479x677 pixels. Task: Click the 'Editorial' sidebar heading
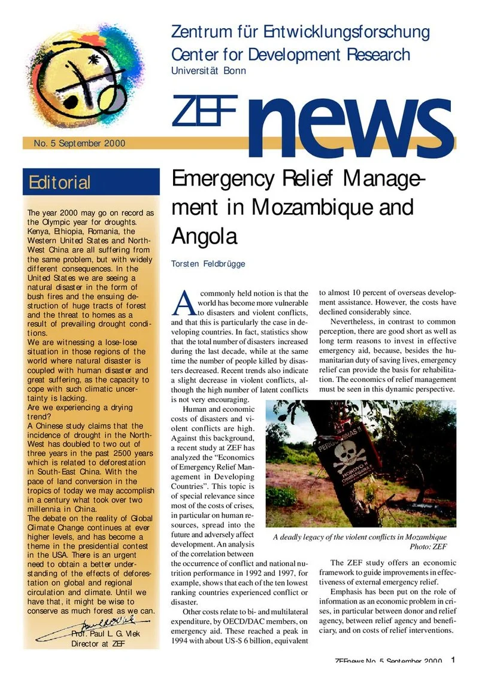[x=59, y=182]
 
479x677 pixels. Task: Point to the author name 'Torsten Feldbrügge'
[x=208, y=263]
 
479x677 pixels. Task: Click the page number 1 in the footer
[x=453, y=660]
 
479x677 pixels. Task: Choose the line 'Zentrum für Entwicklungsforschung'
[x=300, y=32]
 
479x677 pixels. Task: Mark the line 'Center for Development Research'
[x=290, y=54]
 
